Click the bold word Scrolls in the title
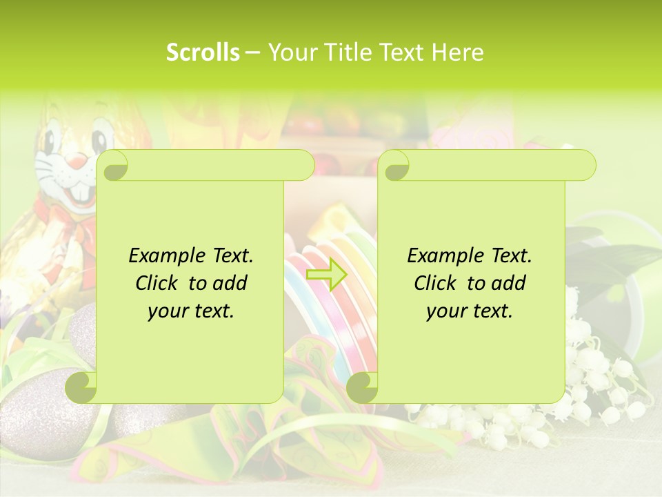coord(203,52)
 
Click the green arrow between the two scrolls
coord(325,274)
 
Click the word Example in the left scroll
coord(163,256)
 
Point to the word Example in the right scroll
coord(441,256)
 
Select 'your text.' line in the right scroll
coord(470,311)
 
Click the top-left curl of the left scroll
coord(113,166)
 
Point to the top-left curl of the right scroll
coord(394,166)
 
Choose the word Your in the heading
coord(291,52)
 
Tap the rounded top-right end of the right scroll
coord(585,165)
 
